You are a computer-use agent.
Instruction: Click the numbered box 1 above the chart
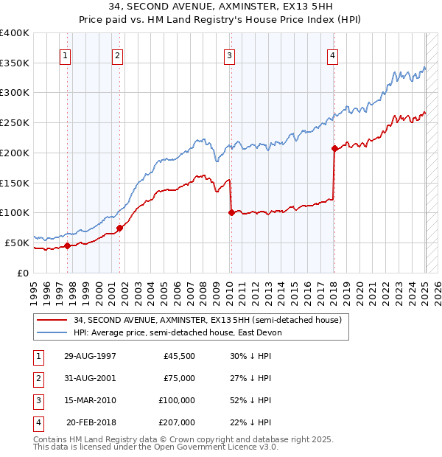(66, 55)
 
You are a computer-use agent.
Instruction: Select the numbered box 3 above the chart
(230, 55)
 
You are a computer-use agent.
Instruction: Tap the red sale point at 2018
(334, 149)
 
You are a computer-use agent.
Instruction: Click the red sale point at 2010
(231, 212)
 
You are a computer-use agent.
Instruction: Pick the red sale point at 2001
(120, 228)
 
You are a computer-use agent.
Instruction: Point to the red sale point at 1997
(68, 245)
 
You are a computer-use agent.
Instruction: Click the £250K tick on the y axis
(15, 122)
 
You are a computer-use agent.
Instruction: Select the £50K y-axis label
(17, 243)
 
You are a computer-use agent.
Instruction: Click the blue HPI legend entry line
(52, 332)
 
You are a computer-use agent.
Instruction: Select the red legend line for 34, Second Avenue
(52, 321)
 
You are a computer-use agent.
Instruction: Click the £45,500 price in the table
(178, 356)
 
